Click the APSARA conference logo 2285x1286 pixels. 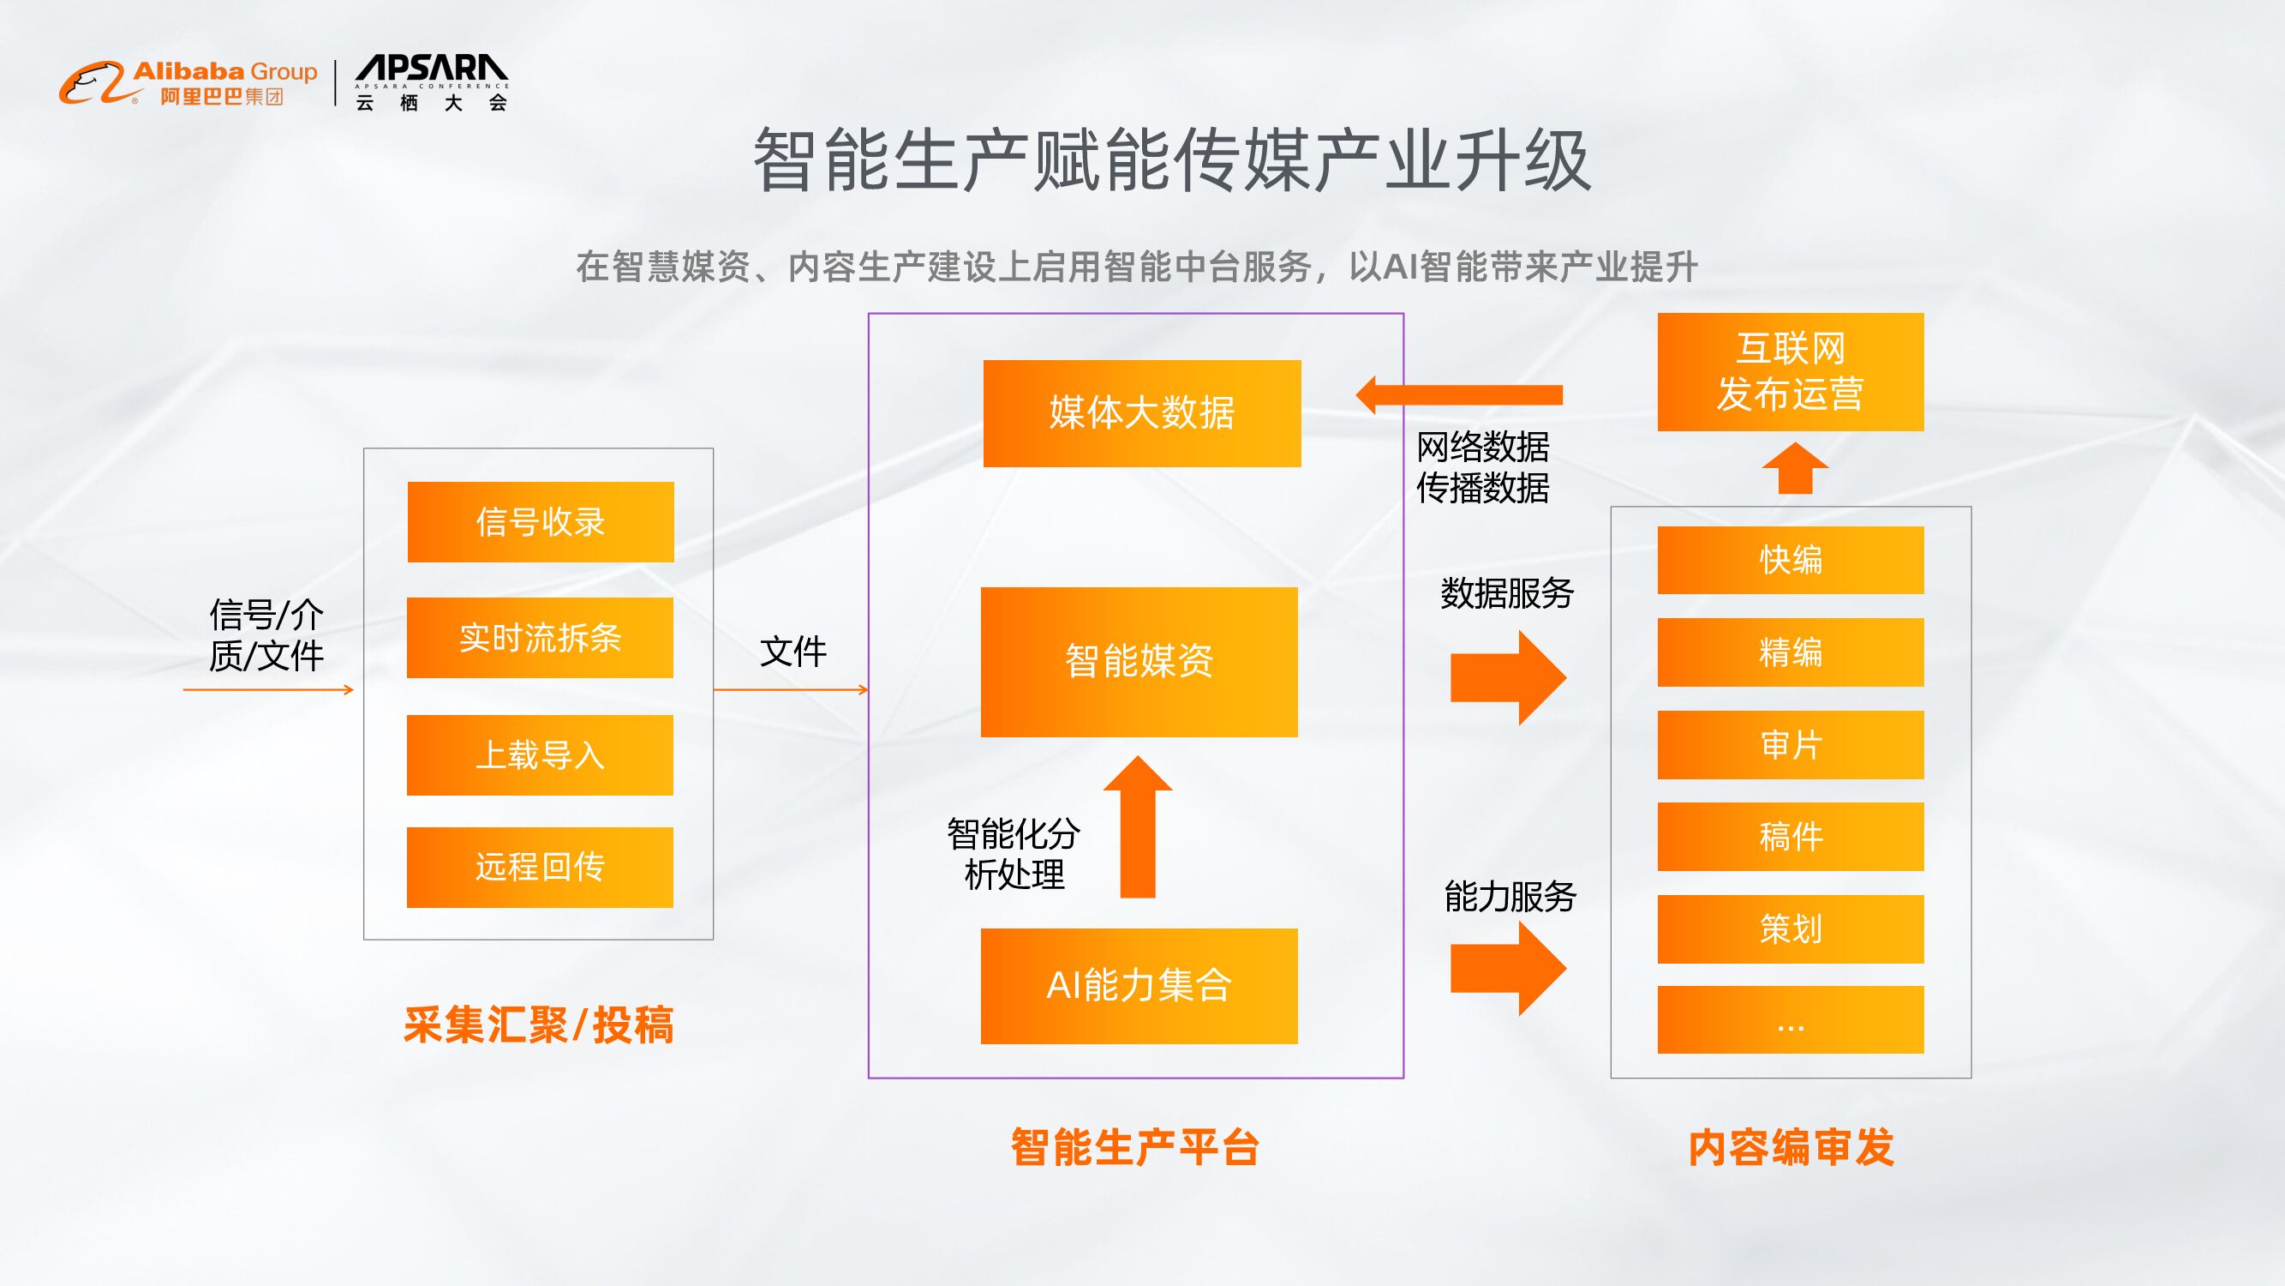[431, 82]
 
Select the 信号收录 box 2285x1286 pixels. [541, 522]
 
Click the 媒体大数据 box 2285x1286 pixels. [1141, 413]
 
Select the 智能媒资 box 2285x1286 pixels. [1139, 662]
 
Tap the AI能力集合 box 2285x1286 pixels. [1139, 986]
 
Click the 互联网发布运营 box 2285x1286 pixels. [1790, 372]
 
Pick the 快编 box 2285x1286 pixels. [1790, 560]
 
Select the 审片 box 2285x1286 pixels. [1790, 746]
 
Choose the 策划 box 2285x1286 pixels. [1790, 929]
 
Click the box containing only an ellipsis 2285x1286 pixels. [1790, 1019]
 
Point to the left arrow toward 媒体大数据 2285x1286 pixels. [1459, 395]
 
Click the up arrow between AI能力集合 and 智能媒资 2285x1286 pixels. [1138, 827]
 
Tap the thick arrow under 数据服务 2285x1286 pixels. [1507, 678]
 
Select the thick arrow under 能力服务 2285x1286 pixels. [1507, 968]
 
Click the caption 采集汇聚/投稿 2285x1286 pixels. [538, 1025]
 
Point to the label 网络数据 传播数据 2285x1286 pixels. [1482, 468]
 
